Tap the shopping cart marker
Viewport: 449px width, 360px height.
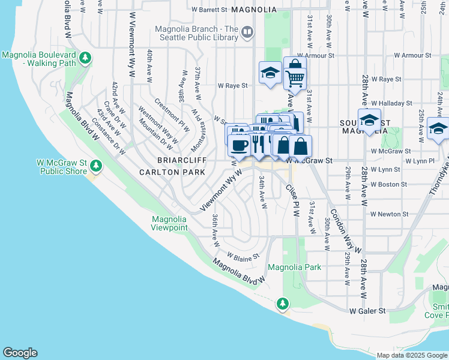click(295, 77)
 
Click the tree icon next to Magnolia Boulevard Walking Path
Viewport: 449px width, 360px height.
click(86, 58)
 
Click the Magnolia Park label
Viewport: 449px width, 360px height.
click(294, 267)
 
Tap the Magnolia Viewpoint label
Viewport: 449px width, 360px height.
click(169, 224)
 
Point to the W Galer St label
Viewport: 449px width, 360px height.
click(368, 310)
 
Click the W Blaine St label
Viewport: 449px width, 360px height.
click(243, 257)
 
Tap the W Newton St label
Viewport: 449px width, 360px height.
click(389, 214)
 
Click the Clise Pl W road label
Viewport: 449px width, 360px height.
click(293, 200)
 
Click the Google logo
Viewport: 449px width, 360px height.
click(20, 353)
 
